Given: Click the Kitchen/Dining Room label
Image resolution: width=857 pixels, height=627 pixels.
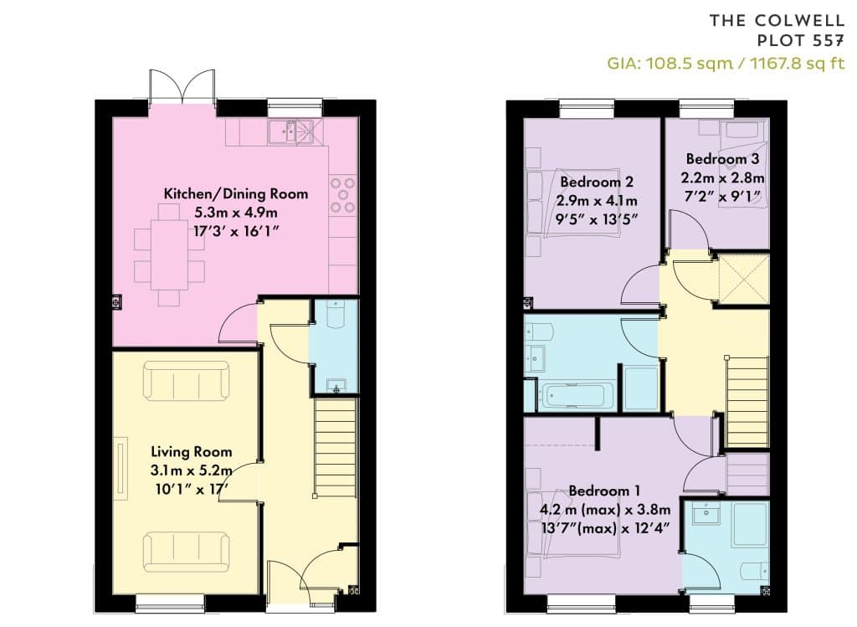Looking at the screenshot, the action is coord(235,194).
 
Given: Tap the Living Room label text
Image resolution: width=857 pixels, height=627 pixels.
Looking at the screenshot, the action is coord(192,452).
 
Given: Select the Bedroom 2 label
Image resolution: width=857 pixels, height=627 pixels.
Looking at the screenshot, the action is coord(597,182).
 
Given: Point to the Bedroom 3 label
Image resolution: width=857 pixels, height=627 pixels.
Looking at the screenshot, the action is coord(722,159).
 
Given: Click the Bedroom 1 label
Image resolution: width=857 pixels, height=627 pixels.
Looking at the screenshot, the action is coord(604,491).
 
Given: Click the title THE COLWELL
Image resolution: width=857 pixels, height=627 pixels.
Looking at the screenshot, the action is coord(777,21).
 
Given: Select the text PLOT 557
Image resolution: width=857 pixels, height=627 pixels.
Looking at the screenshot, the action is coord(801,41).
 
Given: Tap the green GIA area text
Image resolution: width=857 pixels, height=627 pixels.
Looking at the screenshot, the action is coord(726,64).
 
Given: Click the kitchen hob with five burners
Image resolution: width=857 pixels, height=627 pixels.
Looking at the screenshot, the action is coord(342,195).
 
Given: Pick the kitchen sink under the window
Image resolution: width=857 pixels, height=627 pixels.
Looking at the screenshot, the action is coord(289,131).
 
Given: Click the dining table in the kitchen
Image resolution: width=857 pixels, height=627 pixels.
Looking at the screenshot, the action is coord(169,254).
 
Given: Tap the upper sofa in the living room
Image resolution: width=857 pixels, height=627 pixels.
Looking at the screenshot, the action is coord(186,381).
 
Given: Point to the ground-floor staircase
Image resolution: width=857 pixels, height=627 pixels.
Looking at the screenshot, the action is coord(336,448).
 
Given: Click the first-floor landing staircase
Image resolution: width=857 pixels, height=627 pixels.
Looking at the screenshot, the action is coord(747,403).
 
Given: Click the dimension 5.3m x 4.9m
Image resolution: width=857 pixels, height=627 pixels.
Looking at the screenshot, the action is coord(235,212).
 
